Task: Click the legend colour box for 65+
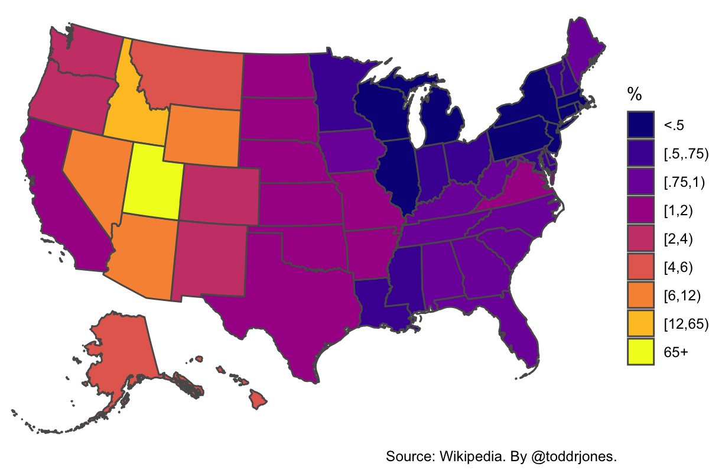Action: [640, 351]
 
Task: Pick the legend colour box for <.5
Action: [640, 124]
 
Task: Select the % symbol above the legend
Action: [635, 94]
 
